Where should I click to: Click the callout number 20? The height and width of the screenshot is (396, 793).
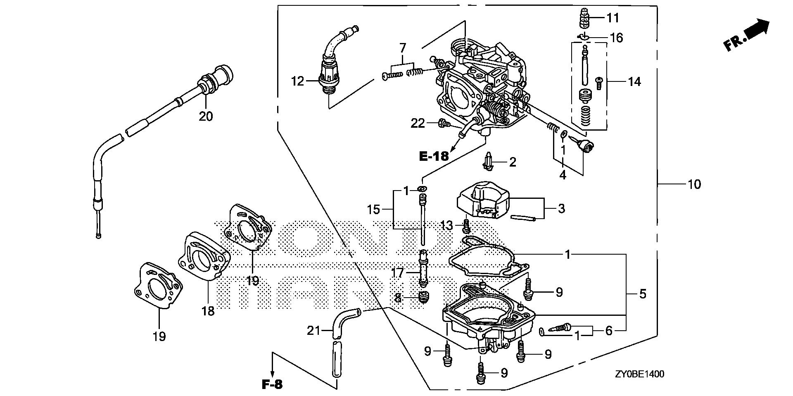pyautogui.click(x=206, y=117)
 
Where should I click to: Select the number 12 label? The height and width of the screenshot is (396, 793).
pyautogui.click(x=297, y=81)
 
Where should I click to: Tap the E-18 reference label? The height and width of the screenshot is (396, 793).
pyautogui.click(x=433, y=156)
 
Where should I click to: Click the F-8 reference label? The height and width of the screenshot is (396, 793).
pyautogui.click(x=272, y=384)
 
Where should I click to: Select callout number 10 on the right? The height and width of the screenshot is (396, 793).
pyautogui.click(x=694, y=184)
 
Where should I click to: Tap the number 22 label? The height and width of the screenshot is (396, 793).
pyautogui.click(x=418, y=123)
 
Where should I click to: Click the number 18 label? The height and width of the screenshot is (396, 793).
pyautogui.click(x=208, y=311)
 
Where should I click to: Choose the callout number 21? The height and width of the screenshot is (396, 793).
pyautogui.click(x=314, y=330)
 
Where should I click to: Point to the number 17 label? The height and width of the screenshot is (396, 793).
pyautogui.click(x=398, y=273)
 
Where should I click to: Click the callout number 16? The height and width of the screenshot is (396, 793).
pyautogui.click(x=616, y=38)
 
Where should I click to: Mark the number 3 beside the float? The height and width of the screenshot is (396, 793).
pyautogui.click(x=560, y=209)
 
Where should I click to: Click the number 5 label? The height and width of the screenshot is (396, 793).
pyautogui.click(x=642, y=294)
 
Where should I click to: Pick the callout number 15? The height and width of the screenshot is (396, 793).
pyautogui.click(x=373, y=210)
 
